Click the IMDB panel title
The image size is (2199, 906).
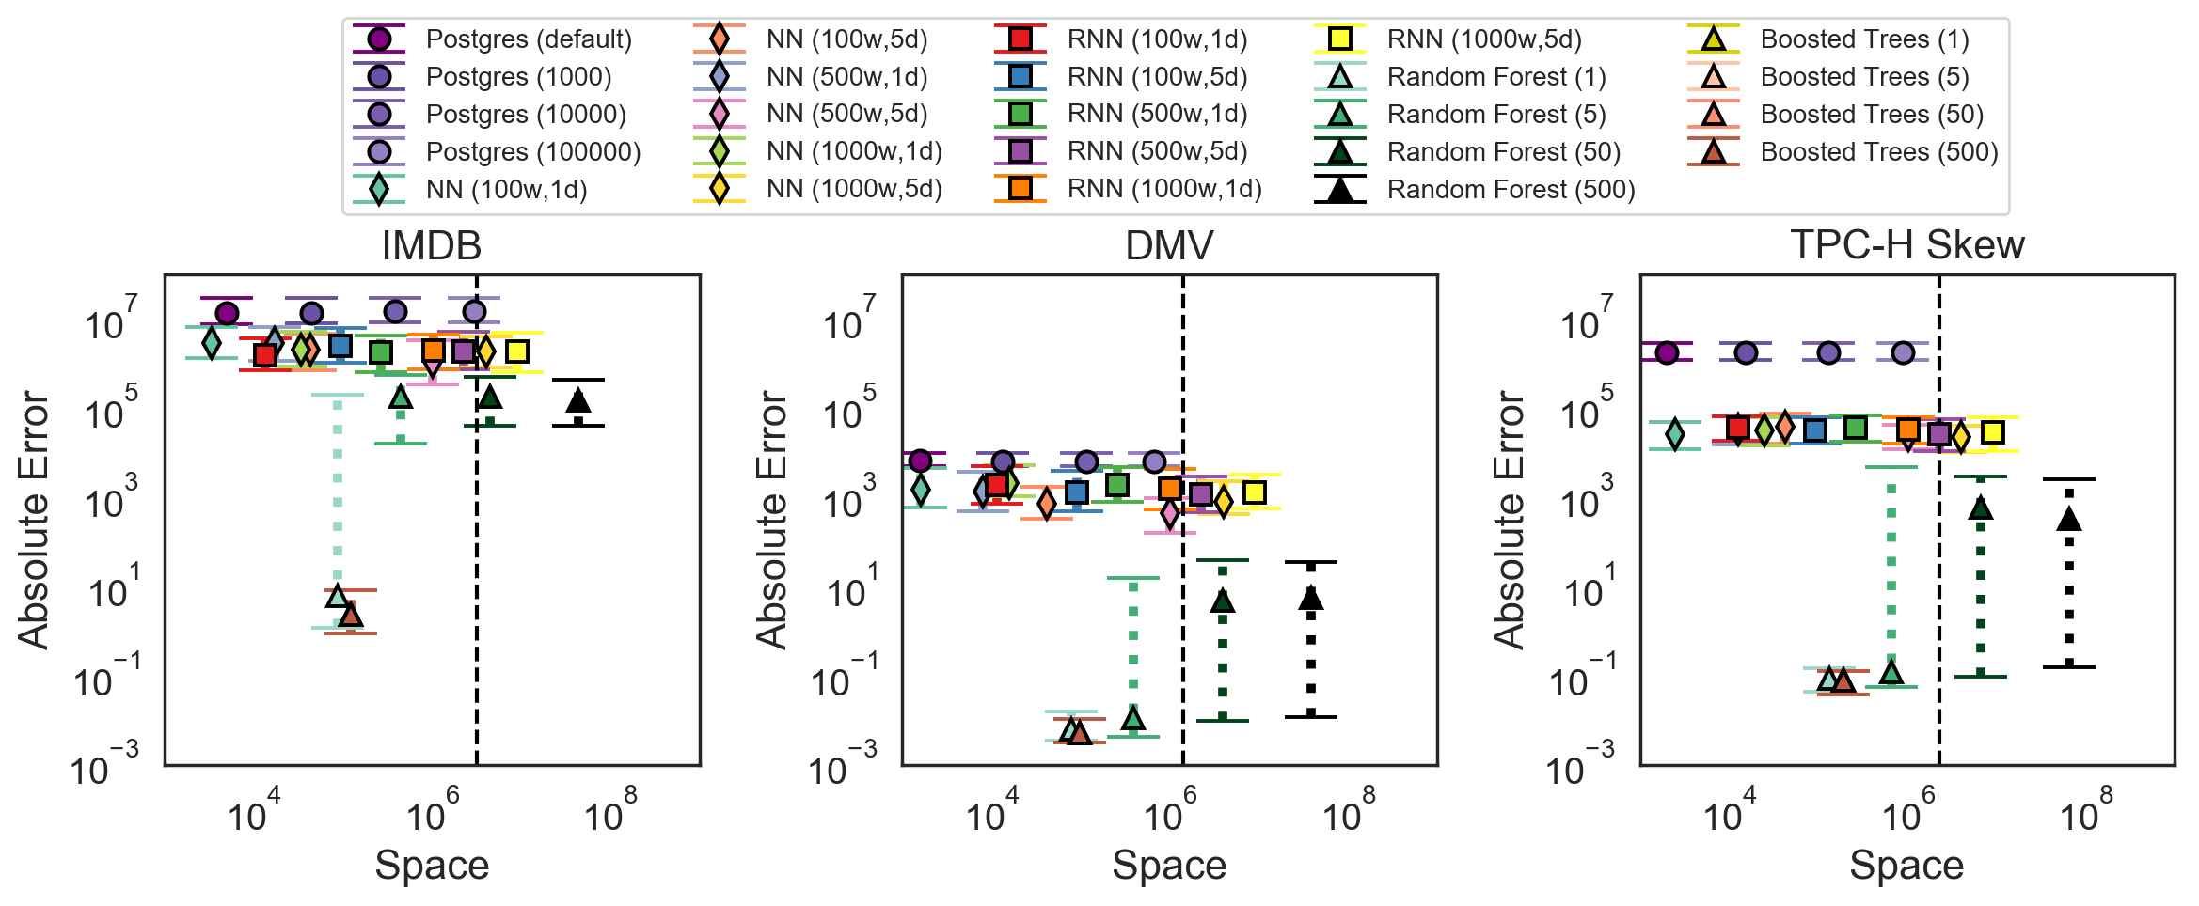[432, 246]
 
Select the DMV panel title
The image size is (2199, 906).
[1169, 246]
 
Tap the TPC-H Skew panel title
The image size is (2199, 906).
[1906, 246]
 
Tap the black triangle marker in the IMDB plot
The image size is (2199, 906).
[578, 401]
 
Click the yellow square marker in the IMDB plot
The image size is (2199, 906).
[516, 351]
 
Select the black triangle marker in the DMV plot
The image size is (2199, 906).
[1311, 598]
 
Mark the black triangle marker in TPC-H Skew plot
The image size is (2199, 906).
[2069, 519]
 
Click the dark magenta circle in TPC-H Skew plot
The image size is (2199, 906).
[1667, 352]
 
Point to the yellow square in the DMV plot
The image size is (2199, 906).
[1254, 492]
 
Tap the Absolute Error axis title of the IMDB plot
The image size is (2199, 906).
[34, 520]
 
